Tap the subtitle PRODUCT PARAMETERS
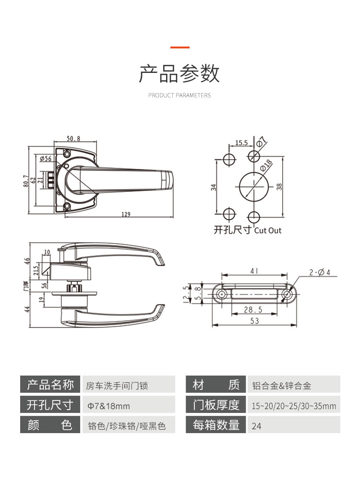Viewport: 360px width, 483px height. click(180, 95)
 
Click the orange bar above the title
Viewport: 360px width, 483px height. click(180, 47)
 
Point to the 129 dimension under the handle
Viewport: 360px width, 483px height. click(126, 214)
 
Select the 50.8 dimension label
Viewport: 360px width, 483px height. click(73, 139)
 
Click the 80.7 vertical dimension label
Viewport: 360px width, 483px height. click(26, 180)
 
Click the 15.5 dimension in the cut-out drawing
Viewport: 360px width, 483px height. click(241, 143)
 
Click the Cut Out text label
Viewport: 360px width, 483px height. click(268, 231)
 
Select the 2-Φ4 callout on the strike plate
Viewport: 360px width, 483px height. click(320, 272)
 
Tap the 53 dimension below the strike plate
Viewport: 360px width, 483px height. click(254, 321)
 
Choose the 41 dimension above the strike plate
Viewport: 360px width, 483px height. click(254, 271)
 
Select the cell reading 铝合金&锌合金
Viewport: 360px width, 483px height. click(281, 385)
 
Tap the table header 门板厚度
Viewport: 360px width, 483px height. click(216, 405)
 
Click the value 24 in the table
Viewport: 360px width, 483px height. click(257, 425)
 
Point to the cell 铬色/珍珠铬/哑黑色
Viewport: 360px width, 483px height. click(126, 425)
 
